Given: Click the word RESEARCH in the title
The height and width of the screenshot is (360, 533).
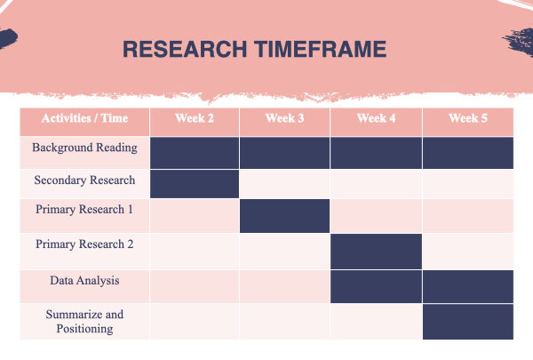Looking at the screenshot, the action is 185,49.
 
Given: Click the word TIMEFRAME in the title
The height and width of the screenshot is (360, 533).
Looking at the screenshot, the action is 321,49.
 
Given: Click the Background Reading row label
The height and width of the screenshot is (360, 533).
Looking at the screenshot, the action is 84,148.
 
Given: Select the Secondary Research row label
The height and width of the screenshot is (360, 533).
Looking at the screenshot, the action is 84,180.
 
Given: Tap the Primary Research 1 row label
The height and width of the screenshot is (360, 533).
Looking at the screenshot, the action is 84,209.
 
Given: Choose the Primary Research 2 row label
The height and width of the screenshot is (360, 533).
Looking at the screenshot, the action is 84,244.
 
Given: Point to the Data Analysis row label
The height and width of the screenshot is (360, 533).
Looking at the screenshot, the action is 84,281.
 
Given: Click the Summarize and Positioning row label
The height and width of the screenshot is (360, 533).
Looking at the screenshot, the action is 84,322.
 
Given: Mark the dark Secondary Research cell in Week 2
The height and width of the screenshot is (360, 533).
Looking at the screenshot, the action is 195,184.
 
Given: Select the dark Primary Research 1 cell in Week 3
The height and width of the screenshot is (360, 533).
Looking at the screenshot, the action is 284,216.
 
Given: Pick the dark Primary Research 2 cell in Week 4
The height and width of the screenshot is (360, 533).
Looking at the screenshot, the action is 376,252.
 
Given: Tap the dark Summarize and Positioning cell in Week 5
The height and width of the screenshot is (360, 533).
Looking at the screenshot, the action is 468,322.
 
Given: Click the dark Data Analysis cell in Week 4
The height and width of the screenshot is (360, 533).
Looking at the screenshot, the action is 376,286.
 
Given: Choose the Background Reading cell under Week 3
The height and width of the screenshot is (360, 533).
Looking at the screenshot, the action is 284,153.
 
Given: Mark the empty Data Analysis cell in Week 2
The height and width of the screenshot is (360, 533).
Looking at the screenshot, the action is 195,286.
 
